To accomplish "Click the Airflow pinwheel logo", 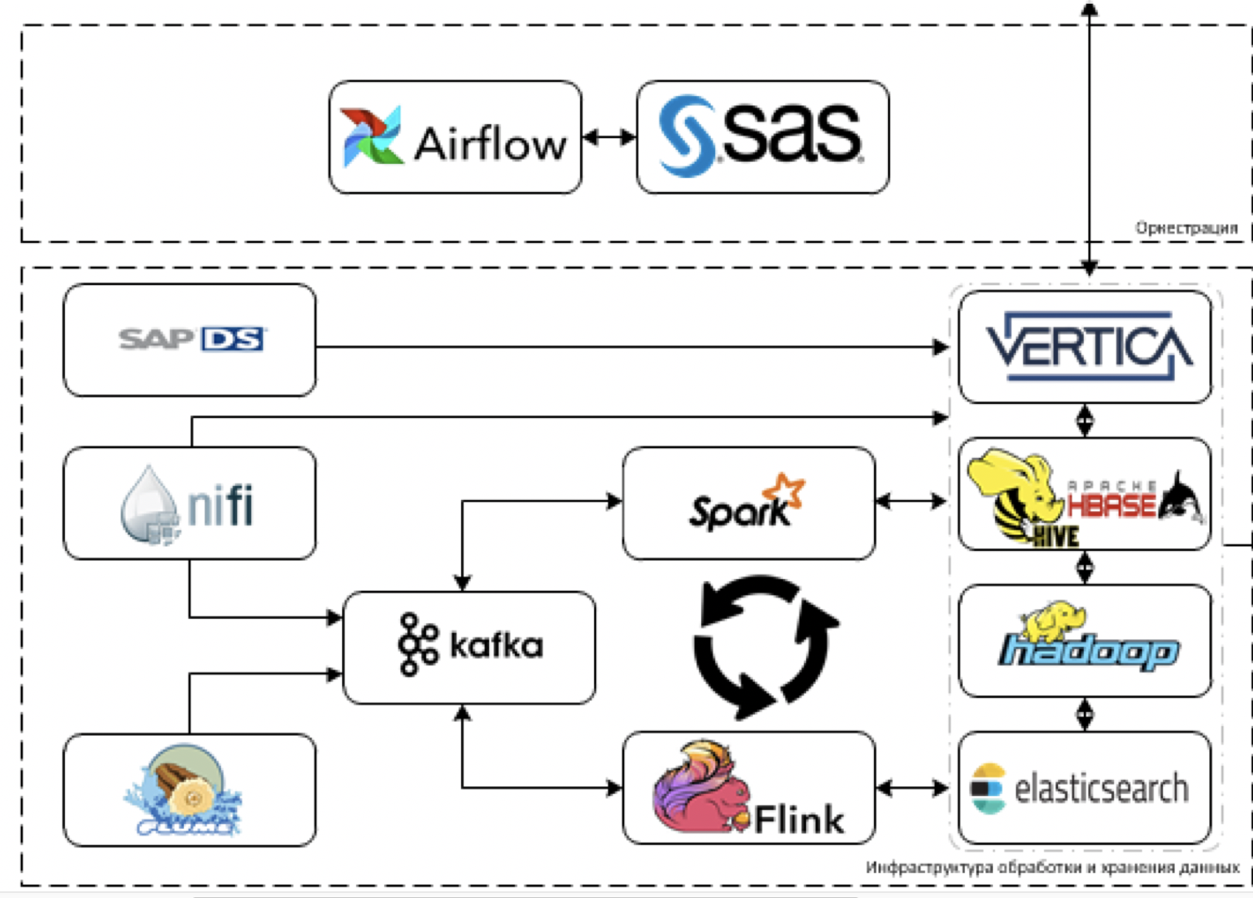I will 371,137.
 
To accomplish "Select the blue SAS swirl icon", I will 686,136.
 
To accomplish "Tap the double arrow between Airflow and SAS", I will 609,137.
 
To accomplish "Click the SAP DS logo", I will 191,339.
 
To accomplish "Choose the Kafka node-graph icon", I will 417,645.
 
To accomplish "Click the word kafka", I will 496,646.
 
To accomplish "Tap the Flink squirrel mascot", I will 698,790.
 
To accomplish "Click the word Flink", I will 799,820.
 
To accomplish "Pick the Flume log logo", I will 185,790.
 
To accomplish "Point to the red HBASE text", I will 1111,504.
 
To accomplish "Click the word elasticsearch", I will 1101,789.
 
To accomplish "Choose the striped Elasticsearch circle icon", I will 987,789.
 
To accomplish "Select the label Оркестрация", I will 1186,228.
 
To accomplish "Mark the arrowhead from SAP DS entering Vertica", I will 941,346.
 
